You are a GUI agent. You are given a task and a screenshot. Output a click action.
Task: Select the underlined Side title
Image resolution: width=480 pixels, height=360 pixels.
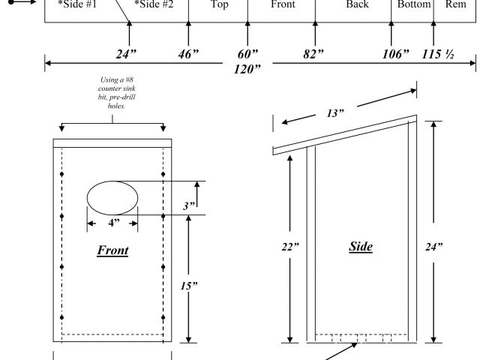tap(361, 246)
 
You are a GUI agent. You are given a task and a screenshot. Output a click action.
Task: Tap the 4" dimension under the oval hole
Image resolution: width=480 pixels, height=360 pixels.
tap(112, 223)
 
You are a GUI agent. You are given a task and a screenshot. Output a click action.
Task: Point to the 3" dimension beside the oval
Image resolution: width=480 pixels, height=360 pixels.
tap(189, 205)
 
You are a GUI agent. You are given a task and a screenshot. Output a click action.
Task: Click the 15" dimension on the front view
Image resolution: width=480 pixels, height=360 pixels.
tap(169, 285)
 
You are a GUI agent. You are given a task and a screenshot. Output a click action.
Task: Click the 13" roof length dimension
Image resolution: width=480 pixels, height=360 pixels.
tap(335, 113)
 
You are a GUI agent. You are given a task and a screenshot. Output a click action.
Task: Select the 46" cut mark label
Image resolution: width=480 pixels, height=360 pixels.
tap(188, 54)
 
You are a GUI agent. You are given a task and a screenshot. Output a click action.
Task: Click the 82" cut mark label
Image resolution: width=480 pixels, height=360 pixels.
tap(314, 54)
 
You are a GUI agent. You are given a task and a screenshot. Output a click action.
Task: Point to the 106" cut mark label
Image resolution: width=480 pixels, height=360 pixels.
tap(394, 54)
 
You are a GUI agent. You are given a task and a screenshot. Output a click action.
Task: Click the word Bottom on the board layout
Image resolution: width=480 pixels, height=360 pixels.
tap(414, 5)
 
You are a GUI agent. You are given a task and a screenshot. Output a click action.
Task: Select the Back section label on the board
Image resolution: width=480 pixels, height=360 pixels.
tap(358, 5)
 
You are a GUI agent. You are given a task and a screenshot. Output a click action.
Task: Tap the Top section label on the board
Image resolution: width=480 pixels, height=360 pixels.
tap(219, 5)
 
